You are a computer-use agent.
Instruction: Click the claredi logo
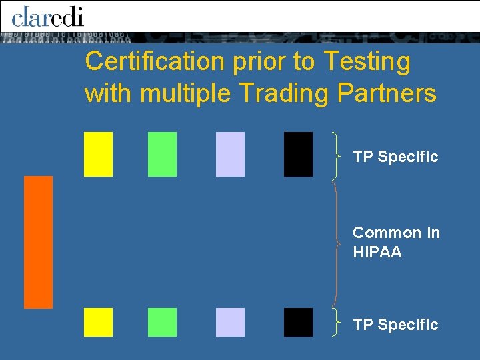(47, 15)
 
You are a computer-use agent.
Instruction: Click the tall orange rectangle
(38, 242)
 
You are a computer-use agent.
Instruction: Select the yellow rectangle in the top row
(98, 154)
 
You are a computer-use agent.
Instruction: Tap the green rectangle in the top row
(162, 154)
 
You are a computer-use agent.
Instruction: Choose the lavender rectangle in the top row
(230, 154)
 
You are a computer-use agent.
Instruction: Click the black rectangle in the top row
(298, 154)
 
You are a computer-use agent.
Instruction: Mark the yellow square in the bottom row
(98, 322)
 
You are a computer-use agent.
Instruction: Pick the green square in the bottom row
(162, 322)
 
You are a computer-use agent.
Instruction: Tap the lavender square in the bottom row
(230, 322)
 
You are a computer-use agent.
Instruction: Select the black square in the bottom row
(298, 322)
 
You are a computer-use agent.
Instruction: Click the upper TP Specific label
(395, 157)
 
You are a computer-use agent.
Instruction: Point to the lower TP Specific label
(395, 325)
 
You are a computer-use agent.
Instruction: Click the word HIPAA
(377, 253)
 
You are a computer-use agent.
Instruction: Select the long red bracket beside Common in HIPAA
(337, 243)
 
